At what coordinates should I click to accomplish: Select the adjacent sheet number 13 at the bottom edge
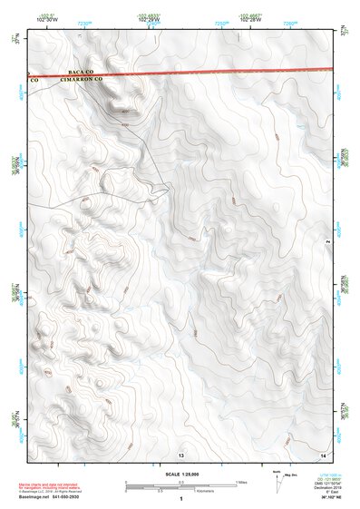coord(181,453)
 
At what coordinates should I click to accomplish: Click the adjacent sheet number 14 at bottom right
coord(322,453)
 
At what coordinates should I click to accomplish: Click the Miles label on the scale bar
coord(241,483)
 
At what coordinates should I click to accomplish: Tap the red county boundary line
coord(227,70)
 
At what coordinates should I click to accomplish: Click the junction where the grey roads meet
coord(166,189)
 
